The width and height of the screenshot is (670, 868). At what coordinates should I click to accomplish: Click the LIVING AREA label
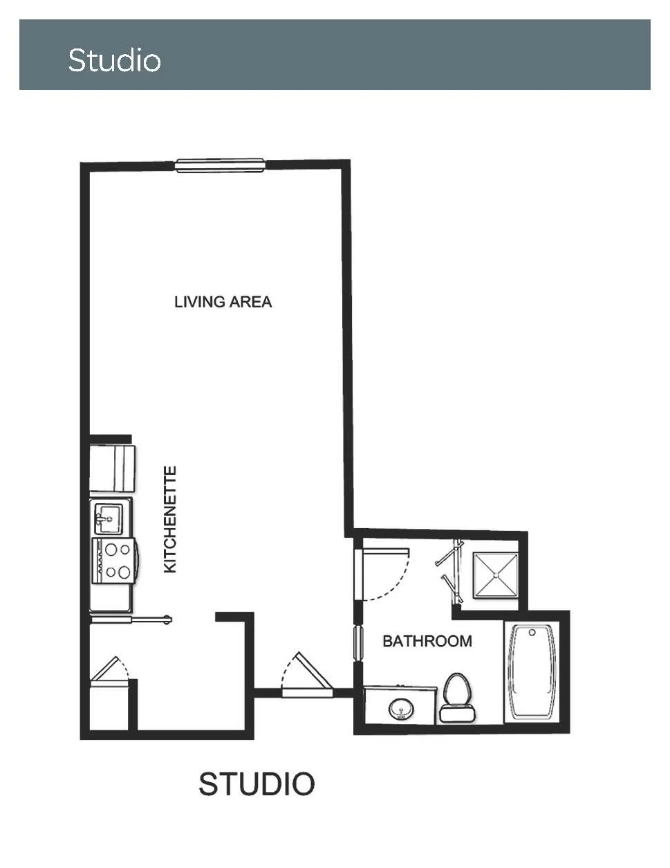(x=223, y=302)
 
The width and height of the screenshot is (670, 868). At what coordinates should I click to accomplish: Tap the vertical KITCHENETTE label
(x=170, y=520)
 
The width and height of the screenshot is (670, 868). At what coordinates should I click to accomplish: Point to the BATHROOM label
(x=427, y=641)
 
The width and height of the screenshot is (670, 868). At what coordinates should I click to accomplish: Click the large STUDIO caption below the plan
(x=257, y=784)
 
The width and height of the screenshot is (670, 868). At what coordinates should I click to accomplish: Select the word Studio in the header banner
(x=114, y=60)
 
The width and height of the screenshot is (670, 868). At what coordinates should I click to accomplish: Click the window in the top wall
(x=221, y=165)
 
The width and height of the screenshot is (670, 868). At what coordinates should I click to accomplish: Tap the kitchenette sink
(x=109, y=518)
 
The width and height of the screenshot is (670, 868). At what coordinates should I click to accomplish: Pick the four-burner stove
(x=114, y=561)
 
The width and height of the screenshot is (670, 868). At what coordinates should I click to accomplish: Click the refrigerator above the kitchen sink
(x=112, y=469)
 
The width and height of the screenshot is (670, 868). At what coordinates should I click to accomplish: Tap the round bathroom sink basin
(x=401, y=709)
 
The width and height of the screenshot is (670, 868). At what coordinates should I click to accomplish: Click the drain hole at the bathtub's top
(x=532, y=633)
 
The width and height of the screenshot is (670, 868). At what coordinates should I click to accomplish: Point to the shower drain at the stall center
(x=496, y=575)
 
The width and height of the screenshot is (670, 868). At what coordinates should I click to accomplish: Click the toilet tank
(x=458, y=714)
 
